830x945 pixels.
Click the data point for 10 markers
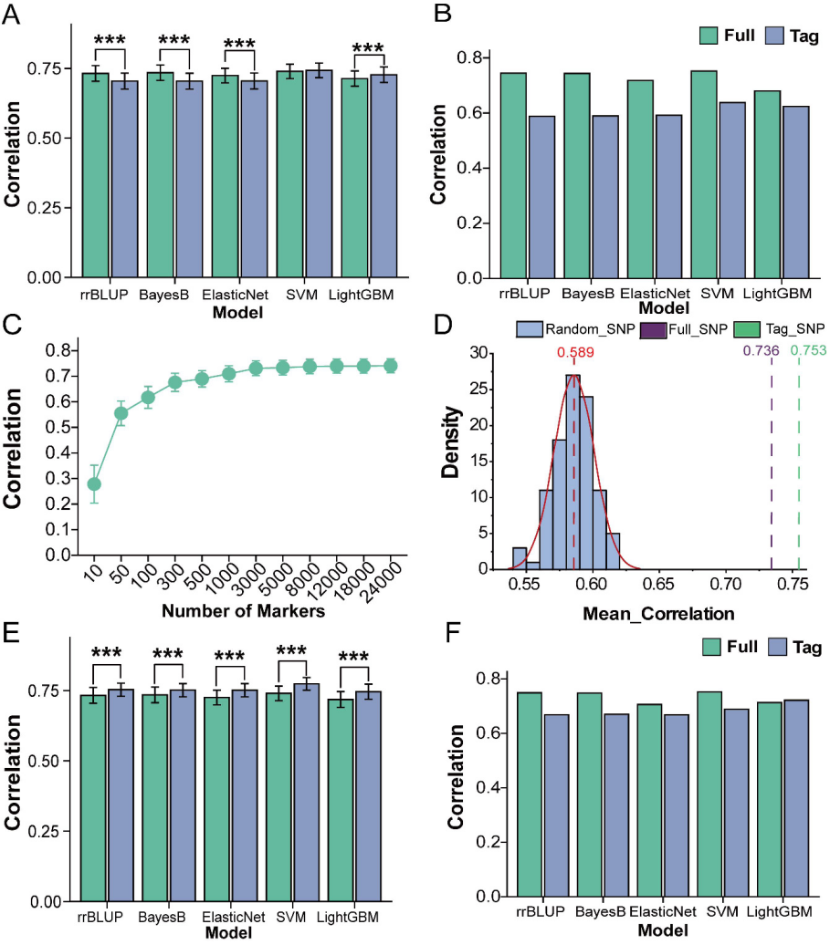pyautogui.click(x=94, y=483)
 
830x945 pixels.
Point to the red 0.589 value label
pyautogui.click(x=574, y=353)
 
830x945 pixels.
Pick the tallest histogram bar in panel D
pyautogui.click(x=573, y=472)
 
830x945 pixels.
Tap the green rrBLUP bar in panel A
pyautogui.click(x=94, y=174)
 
